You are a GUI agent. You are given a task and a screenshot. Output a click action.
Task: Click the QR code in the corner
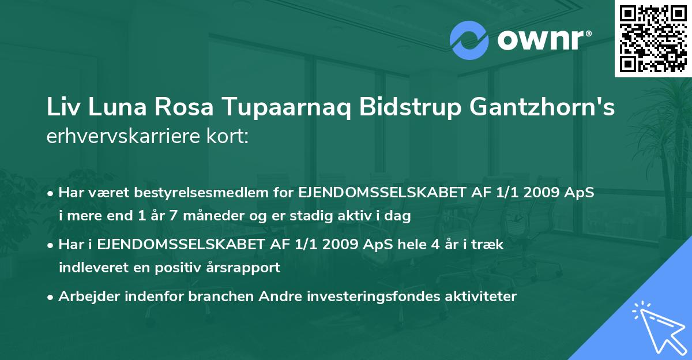653,39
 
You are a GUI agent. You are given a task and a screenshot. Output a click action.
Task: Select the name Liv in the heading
62,109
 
